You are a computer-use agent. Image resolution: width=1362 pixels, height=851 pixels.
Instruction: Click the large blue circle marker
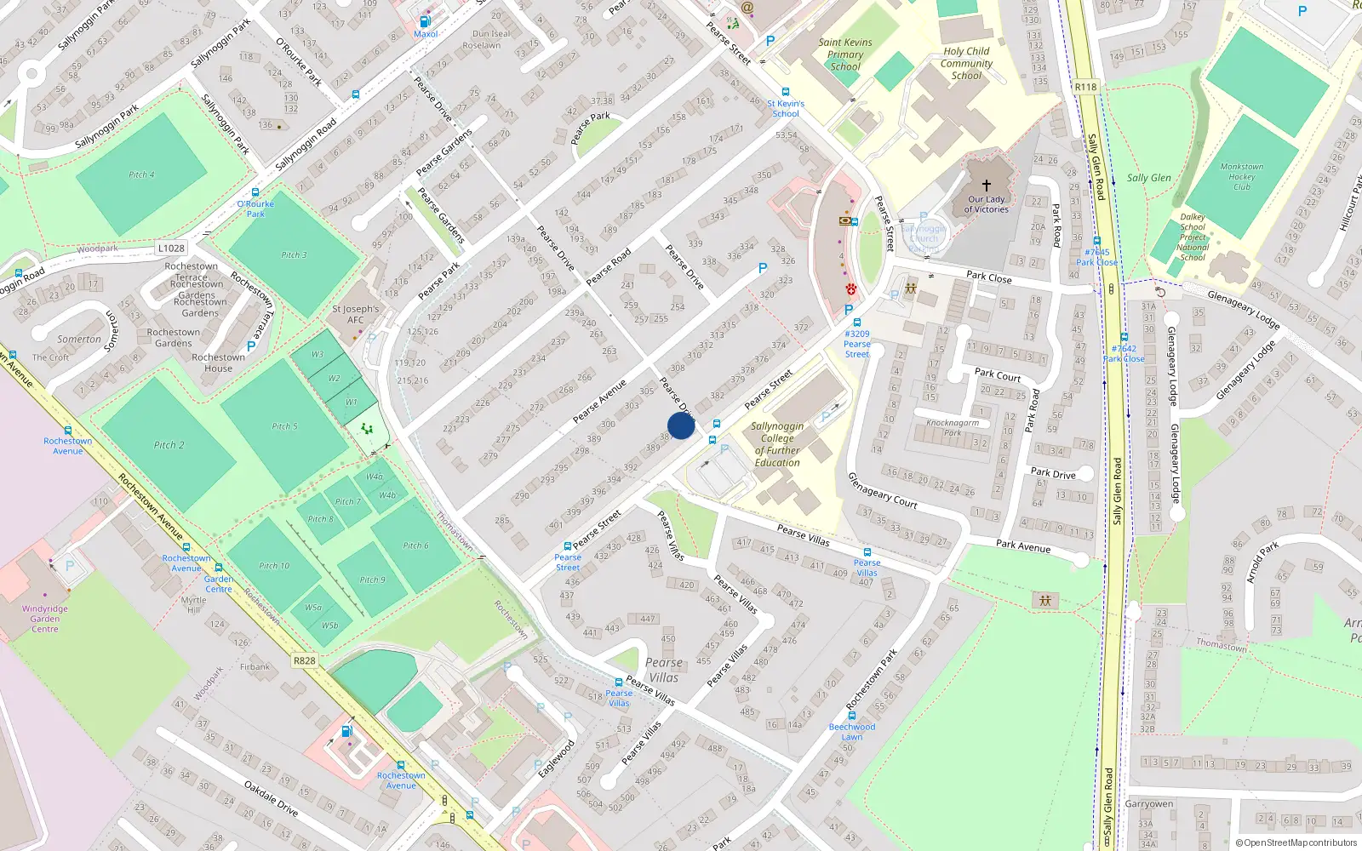(x=681, y=425)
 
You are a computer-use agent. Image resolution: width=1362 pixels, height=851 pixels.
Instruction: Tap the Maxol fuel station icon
(x=425, y=21)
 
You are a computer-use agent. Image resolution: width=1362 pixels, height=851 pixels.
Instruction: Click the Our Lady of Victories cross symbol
(x=987, y=185)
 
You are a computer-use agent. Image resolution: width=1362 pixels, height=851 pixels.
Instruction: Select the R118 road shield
(x=1085, y=87)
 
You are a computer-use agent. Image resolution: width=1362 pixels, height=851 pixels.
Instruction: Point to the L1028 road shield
(x=171, y=248)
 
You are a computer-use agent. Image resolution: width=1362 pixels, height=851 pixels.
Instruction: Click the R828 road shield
(x=304, y=660)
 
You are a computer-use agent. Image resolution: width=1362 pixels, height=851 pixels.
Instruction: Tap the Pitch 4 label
(x=141, y=174)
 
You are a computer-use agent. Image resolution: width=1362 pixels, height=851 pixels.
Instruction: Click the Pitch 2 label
(x=169, y=445)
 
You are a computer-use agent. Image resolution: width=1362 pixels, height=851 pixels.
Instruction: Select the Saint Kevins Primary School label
(x=845, y=54)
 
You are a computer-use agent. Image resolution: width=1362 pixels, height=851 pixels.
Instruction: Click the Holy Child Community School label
(x=966, y=63)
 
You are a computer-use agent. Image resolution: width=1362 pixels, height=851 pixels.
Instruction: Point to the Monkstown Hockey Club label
(x=1242, y=177)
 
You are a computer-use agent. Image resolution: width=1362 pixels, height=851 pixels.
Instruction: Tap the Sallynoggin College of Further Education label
(x=777, y=444)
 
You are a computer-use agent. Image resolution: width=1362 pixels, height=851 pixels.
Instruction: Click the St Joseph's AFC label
(x=356, y=314)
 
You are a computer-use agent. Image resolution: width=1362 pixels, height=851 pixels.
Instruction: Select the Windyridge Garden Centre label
(x=45, y=619)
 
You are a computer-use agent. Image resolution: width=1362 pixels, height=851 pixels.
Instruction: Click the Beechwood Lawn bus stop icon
(x=852, y=716)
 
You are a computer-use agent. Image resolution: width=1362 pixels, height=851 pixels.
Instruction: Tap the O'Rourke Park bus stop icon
(x=255, y=193)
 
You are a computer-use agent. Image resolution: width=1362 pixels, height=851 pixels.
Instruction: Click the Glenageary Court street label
(x=882, y=491)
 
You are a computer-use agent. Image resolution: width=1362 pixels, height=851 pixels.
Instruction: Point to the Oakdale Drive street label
(x=271, y=797)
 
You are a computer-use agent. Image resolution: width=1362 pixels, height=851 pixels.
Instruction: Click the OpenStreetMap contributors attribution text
(x=1296, y=842)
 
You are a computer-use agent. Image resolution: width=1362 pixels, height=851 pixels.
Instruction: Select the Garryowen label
(x=1148, y=803)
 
